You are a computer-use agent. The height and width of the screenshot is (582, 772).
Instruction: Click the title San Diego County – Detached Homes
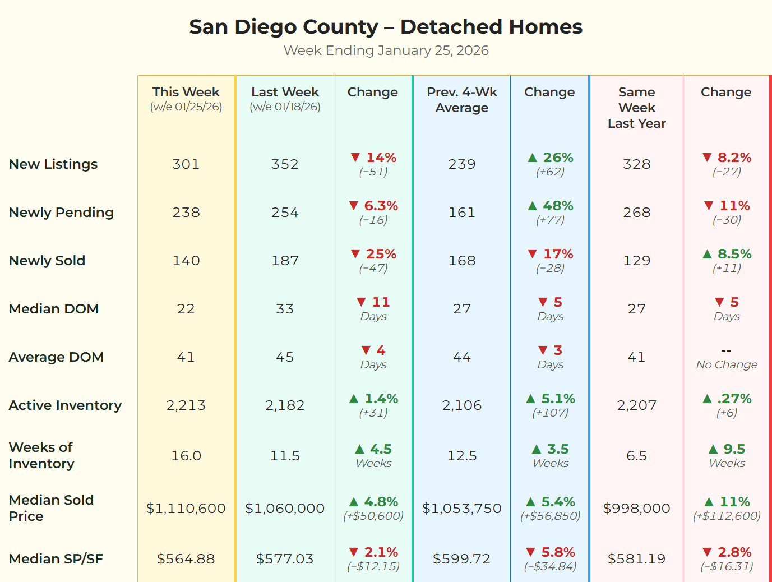(x=386, y=27)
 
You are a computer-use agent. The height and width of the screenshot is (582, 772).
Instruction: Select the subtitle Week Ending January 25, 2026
(x=386, y=50)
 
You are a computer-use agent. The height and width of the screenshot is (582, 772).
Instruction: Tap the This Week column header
(x=186, y=93)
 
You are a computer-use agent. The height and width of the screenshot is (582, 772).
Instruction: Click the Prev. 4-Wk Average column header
(x=462, y=100)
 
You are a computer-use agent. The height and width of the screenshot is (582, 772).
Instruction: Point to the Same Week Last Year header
(x=636, y=108)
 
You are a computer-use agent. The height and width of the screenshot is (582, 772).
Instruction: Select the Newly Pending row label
(x=61, y=213)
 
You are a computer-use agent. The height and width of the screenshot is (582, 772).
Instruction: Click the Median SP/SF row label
(x=56, y=559)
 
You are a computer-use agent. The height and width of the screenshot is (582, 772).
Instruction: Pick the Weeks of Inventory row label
(x=41, y=455)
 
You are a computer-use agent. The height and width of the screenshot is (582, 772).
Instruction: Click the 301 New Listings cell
(x=186, y=164)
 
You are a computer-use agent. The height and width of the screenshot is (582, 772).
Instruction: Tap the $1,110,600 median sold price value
(x=186, y=509)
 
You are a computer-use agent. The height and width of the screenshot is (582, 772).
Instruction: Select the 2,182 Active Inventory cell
(x=285, y=405)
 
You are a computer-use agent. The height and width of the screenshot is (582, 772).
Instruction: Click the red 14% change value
(x=381, y=158)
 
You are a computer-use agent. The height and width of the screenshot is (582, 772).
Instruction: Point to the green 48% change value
(x=558, y=206)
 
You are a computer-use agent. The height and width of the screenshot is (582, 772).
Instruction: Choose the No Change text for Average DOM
(x=727, y=364)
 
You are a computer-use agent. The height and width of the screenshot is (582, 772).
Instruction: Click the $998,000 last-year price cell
(x=636, y=509)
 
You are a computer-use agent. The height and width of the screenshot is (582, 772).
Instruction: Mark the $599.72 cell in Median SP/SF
(x=462, y=559)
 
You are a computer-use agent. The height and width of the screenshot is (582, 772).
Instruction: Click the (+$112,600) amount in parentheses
(x=727, y=516)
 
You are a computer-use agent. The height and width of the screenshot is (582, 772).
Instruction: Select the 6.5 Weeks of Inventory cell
(x=636, y=456)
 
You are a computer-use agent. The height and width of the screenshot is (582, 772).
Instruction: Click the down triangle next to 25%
(x=355, y=254)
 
